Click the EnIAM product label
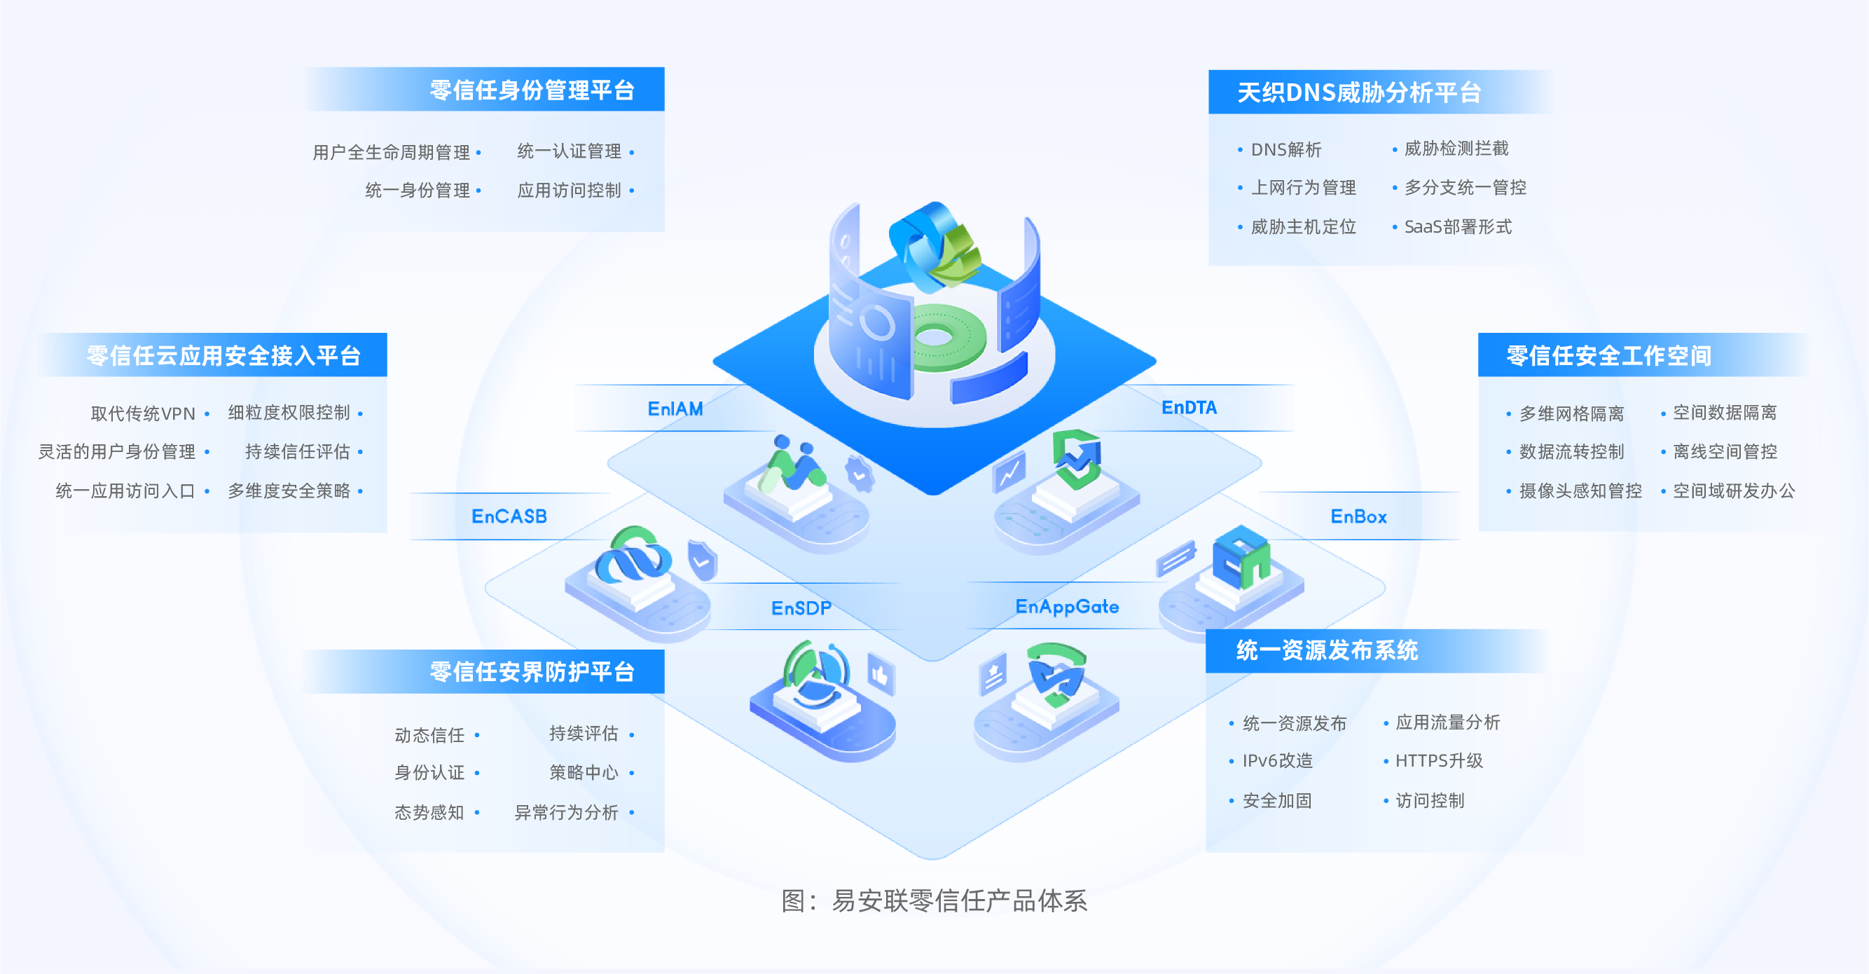point(675,409)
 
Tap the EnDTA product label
point(1188,408)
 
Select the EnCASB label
point(509,516)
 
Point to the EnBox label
point(1358,516)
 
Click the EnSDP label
point(801,608)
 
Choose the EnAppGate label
point(1066,606)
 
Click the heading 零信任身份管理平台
point(532,90)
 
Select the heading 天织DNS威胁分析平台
point(1358,92)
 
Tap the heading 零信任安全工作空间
point(1608,356)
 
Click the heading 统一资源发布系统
point(1326,650)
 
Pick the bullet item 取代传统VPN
point(143,413)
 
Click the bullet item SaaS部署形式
point(1458,227)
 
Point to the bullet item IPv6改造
point(1277,760)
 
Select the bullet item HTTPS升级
point(1439,760)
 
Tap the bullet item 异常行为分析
point(566,812)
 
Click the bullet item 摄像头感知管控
point(1580,491)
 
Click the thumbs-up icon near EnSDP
point(880,675)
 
